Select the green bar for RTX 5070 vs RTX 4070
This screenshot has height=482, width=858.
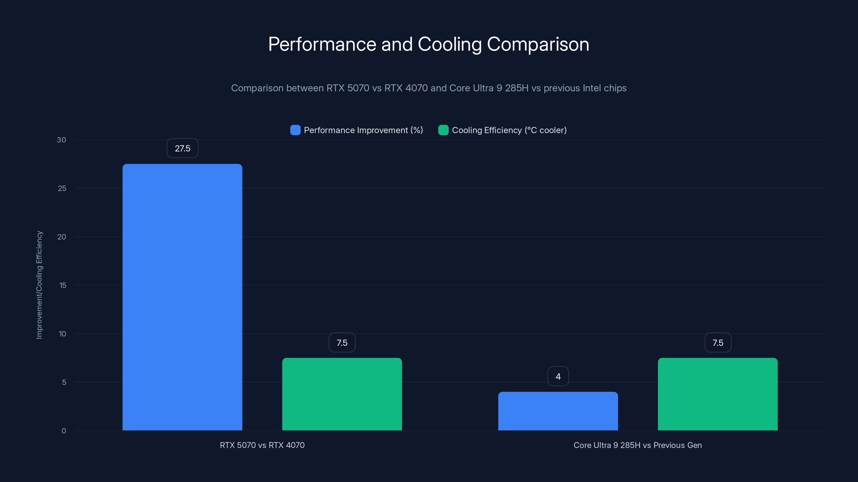tap(342, 394)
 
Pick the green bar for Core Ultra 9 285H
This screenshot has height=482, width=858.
tap(718, 394)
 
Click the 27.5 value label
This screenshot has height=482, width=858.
tap(183, 148)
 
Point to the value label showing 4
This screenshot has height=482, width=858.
tap(558, 376)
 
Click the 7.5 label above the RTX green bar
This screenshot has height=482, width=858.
tap(342, 343)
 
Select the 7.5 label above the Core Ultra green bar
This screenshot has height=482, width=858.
tap(718, 343)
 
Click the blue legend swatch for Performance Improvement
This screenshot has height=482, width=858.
tap(295, 130)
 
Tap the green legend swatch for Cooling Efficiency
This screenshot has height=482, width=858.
tap(443, 130)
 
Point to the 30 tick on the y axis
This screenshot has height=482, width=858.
tap(61, 140)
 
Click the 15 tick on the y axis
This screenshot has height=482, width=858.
tap(63, 285)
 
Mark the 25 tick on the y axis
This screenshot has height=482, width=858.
tap(62, 188)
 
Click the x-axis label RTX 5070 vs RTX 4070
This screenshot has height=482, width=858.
tap(262, 445)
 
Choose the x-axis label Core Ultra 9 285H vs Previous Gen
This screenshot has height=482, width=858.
tap(638, 445)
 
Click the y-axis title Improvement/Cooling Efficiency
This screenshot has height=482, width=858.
tap(39, 285)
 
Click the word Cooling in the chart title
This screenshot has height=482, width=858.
tap(449, 44)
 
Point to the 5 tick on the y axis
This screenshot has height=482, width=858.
tap(64, 382)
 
